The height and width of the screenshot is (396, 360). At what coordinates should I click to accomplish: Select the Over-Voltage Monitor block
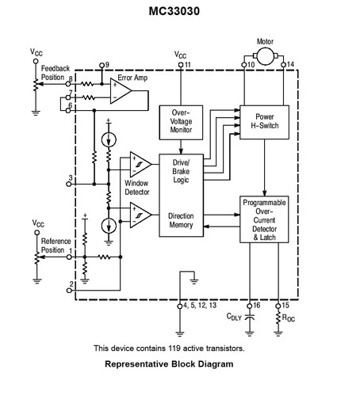[x=182, y=120]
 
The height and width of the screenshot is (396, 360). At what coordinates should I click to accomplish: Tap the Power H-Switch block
[x=263, y=121]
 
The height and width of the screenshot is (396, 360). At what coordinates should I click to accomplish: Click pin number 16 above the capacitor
[x=255, y=305]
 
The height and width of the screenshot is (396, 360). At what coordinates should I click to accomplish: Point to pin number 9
[x=107, y=64]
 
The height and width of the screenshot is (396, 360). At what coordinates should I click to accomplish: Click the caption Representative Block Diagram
[x=169, y=365]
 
